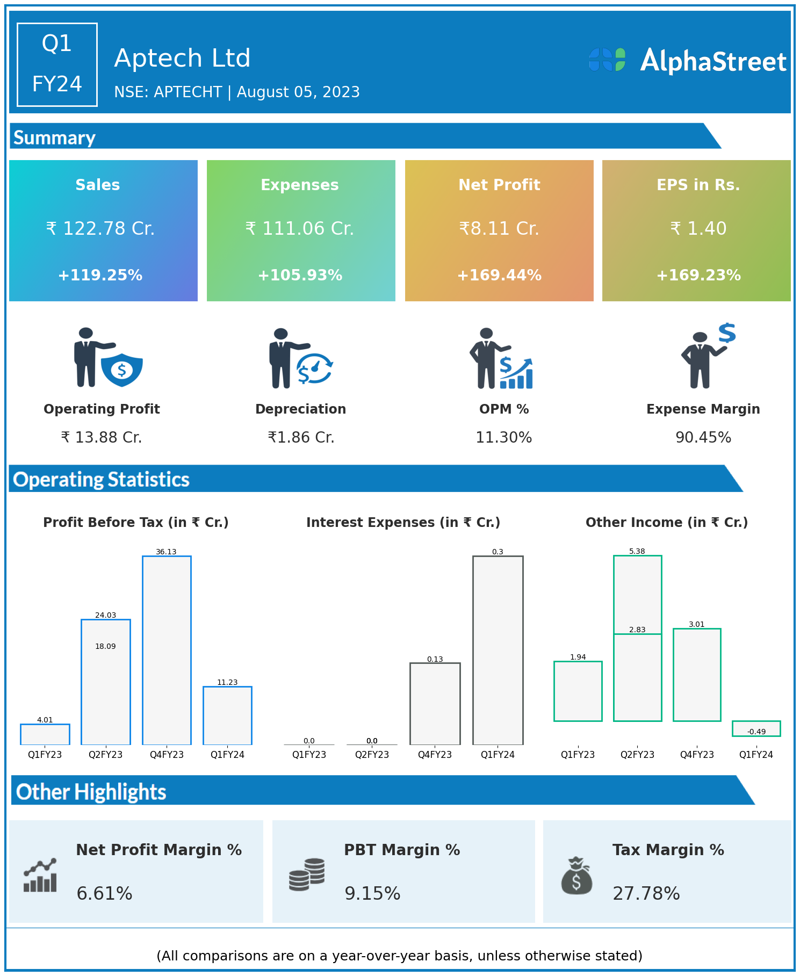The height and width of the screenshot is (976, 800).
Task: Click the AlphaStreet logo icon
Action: [x=607, y=60]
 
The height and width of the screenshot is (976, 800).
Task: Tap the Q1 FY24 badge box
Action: [x=57, y=64]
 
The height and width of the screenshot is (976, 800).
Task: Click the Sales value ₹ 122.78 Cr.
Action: [x=100, y=229]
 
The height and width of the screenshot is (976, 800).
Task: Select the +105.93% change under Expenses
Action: [x=300, y=276]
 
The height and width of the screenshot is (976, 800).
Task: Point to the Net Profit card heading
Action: [x=499, y=185]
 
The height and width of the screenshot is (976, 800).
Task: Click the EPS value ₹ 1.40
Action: [x=698, y=229]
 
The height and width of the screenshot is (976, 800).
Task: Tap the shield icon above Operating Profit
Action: [x=122, y=370]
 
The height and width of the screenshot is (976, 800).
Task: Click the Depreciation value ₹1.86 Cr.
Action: [x=301, y=438]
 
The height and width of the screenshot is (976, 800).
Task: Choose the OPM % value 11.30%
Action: [x=503, y=438]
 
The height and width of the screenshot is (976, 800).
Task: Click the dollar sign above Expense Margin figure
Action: [x=727, y=333]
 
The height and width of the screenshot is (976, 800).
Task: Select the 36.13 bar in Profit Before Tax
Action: [x=167, y=650]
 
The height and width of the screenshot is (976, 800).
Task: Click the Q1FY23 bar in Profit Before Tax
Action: [x=45, y=734]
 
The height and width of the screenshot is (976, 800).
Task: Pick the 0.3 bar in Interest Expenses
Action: [x=498, y=650]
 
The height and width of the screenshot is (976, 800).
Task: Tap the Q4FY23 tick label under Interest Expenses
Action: [x=435, y=755]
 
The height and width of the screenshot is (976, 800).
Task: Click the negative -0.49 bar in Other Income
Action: [x=756, y=728]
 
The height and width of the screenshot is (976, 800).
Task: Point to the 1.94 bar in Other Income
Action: [x=578, y=691]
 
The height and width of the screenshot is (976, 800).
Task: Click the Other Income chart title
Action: [x=666, y=523]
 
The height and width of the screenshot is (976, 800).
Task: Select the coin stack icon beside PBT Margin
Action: [x=307, y=874]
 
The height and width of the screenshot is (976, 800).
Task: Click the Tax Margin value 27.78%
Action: [x=646, y=894]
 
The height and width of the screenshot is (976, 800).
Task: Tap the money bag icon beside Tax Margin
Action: [x=576, y=876]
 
